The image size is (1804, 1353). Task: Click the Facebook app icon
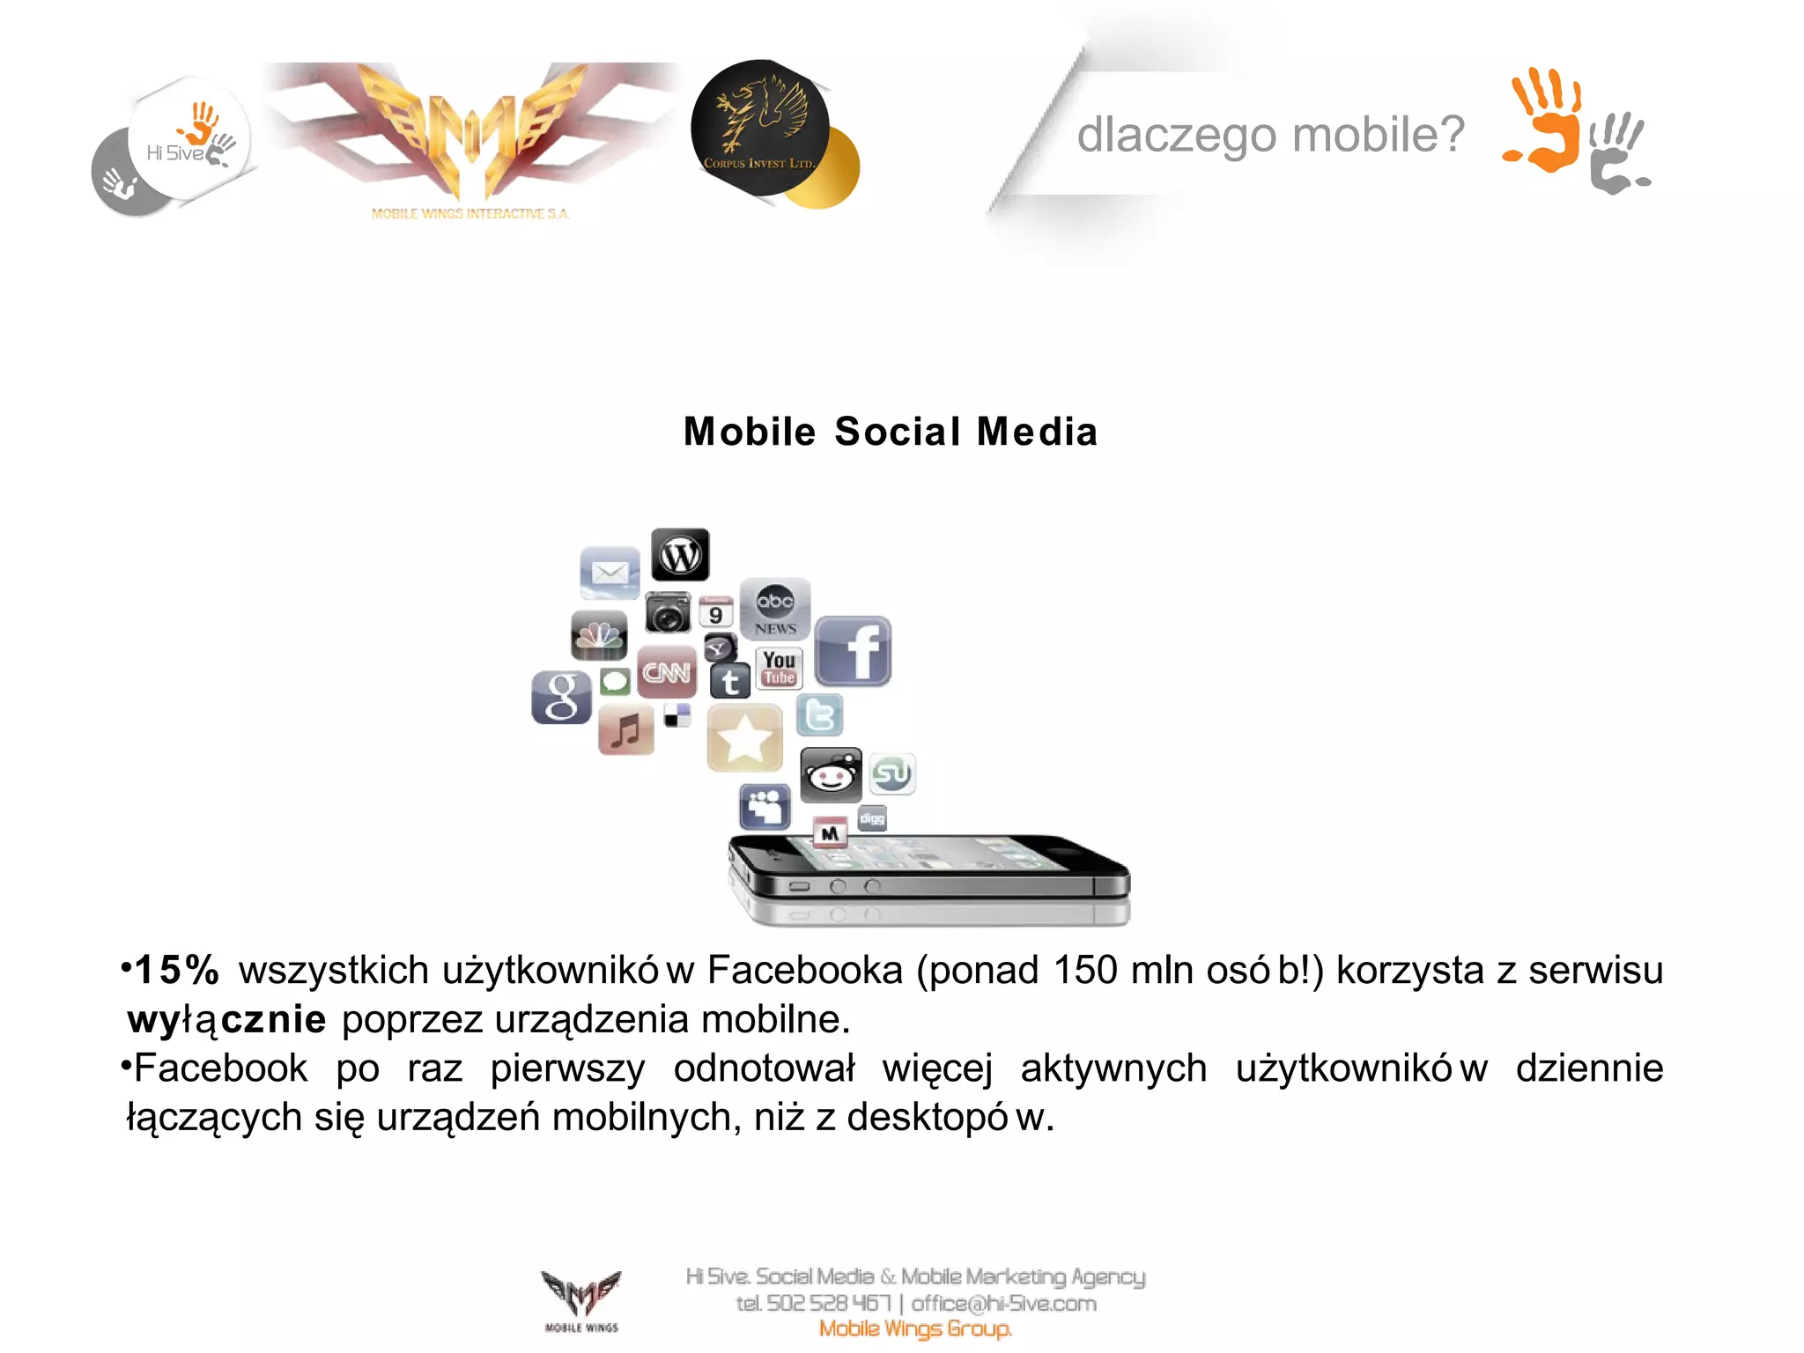point(853,651)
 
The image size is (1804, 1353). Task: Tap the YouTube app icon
point(779,668)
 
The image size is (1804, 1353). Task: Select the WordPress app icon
point(680,555)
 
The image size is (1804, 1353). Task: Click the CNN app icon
point(666,673)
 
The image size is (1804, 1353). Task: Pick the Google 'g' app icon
point(561,697)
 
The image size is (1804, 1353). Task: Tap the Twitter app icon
point(820,714)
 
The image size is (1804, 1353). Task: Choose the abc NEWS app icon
point(775,609)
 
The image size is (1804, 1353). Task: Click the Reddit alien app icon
point(831,775)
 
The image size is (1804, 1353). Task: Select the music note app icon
point(626,730)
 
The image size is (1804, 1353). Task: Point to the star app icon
point(744,738)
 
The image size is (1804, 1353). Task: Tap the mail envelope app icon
point(610,573)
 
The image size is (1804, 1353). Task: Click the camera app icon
point(668,612)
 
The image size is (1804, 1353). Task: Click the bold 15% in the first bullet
point(177,971)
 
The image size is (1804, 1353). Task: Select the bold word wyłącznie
point(227,1020)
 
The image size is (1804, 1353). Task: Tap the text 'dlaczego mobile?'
point(1270,135)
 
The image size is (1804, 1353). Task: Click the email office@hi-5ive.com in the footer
point(1003,1303)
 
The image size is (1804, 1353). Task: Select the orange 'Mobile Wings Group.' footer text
point(915,1328)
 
